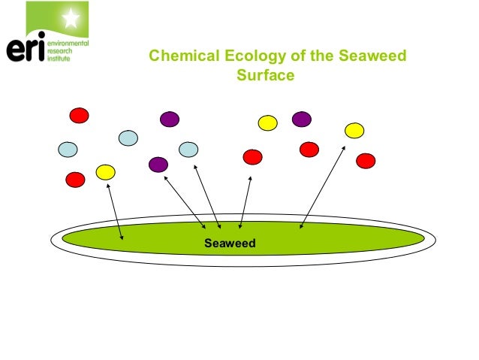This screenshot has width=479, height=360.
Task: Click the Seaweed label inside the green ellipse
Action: [230, 243]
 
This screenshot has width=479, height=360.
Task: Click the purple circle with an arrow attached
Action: [158, 164]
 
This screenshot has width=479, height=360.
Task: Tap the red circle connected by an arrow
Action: [252, 156]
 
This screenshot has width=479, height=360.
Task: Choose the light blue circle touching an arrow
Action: [188, 150]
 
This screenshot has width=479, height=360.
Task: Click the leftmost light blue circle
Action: [68, 149]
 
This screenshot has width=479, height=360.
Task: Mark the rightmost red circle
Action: [365, 160]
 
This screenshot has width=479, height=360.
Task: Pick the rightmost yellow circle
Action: [354, 130]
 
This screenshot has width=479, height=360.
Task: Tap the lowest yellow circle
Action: [105, 172]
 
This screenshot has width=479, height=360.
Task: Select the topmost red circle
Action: [79, 115]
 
